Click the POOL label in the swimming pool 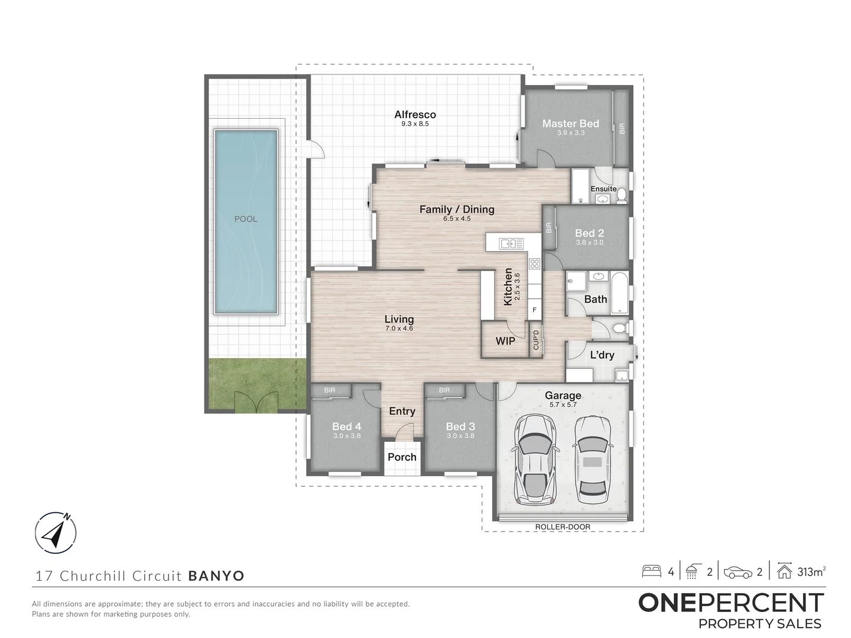[x=246, y=219]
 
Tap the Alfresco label [x=415, y=115]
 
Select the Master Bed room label [x=570, y=123]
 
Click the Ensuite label [x=603, y=189]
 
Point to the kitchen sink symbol [x=511, y=243]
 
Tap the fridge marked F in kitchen [x=535, y=310]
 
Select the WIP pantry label [x=505, y=341]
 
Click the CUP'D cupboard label [x=537, y=340]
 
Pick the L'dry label [x=602, y=355]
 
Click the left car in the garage [x=534, y=458]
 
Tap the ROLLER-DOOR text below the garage [x=563, y=527]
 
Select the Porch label [x=402, y=457]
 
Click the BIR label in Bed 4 [x=330, y=390]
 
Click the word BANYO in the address [x=216, y=576]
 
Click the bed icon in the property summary [x=652, y=571]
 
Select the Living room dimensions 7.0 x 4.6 [x=399, y=328]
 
